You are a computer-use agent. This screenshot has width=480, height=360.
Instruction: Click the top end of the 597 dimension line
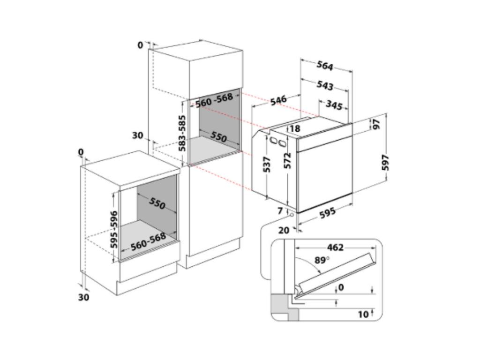(386, 114)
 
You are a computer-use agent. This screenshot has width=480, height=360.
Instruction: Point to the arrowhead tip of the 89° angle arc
(320, 273)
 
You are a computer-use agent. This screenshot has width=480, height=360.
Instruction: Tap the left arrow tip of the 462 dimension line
(295, 247)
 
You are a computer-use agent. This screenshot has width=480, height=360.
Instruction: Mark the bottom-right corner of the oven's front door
(352, 193)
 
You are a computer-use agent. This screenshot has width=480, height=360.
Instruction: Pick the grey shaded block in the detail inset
(285, 307)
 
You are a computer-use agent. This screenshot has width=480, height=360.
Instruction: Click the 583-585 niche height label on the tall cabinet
(182, 133)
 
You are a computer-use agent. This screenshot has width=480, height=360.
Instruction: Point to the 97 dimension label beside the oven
(376, 123)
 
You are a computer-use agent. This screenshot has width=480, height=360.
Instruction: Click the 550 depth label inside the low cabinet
(157, 203)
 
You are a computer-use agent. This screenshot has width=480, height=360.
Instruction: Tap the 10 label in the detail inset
(363, 315)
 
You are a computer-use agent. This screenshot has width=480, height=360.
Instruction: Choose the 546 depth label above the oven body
(278, 100)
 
